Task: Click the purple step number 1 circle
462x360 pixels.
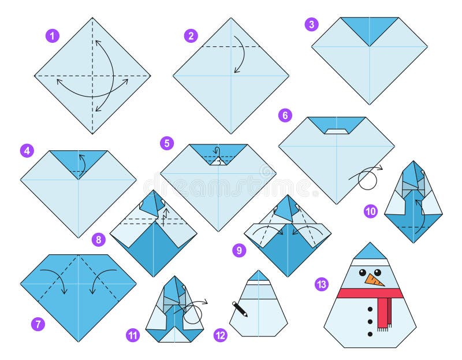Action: (53, 36)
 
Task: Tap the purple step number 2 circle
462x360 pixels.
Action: (191, 36)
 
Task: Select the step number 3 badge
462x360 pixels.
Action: (312, 24)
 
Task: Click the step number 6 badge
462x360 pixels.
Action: (285, 115)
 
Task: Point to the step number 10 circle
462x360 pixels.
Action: (371, 211)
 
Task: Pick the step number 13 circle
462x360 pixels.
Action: (321, 284)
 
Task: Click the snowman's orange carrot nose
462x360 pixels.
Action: (375, 280)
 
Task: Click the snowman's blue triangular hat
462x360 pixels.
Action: (370, 253)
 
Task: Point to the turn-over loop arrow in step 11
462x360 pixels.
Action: (195, 311)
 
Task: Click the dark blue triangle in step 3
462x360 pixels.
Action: (370, 29)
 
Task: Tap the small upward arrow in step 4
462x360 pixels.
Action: (81, 162)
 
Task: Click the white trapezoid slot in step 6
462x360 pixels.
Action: (336, 131)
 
